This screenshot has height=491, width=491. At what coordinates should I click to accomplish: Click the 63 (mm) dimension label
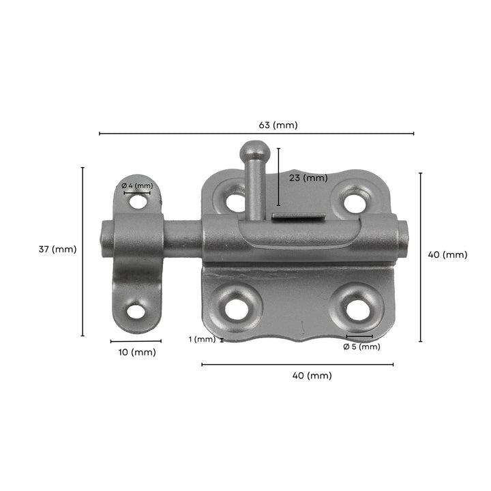tap(278, 125)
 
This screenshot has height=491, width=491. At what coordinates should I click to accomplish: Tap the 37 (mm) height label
tap(57, 250)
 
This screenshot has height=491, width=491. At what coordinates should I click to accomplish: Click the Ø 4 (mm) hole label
tap(137, 185)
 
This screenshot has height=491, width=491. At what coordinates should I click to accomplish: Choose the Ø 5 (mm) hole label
tap(361, 346)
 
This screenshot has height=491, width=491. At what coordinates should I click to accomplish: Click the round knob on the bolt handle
tap(254, 149)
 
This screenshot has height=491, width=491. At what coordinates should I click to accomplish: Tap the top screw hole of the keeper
tap(138, 203)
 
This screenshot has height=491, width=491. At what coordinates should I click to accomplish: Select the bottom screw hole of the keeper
tap(136, 312)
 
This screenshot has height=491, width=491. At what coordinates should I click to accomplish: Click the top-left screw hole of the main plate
tap(235, 202)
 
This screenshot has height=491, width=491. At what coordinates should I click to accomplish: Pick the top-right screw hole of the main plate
tap(354, 202)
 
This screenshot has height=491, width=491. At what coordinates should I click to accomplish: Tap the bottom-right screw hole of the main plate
tap(357, 310)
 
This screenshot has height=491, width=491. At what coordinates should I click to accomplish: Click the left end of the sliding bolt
tap(105, 235)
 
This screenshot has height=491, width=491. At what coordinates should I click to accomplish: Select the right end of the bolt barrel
tap(402, 240)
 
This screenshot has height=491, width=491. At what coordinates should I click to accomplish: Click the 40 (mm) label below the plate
tap(312, 376)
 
